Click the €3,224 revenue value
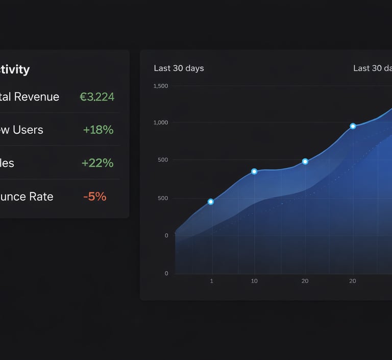97,97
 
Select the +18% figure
98,130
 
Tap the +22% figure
97,163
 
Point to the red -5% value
94,197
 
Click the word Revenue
37,97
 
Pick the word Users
28,130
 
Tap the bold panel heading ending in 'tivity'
15,69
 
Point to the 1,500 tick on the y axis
160,86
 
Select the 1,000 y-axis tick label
160,123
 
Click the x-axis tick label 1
212,281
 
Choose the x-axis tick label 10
254,281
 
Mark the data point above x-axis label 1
211,202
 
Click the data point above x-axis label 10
254,172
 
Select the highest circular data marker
353,126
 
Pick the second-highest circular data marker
305,161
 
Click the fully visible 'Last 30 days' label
179,68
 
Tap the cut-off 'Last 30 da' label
372,68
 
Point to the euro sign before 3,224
83,97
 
